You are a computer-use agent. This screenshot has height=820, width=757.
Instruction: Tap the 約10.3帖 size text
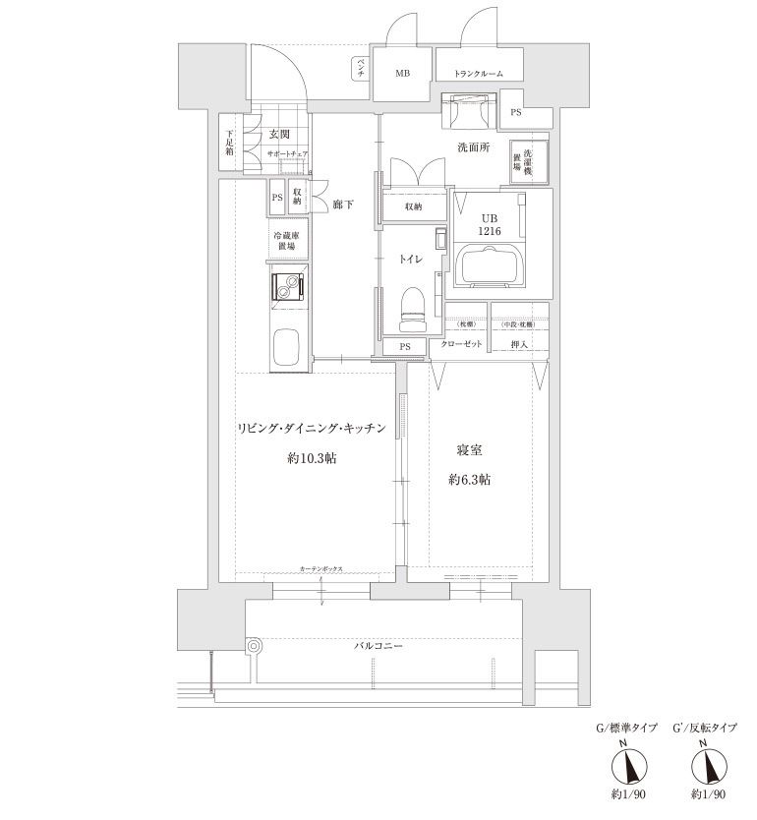pyautogui.click(x=312, y=458)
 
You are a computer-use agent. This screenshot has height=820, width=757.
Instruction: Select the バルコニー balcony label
pyautogui.click(x=379, y=647)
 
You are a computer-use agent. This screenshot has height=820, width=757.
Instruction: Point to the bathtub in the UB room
pyautogui.click(x=489, y=266)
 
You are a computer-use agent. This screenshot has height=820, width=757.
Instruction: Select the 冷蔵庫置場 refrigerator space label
pyautogui.click(x=287, y=242)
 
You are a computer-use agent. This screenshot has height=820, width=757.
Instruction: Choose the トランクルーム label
pyautogui.click(x=479, y=74)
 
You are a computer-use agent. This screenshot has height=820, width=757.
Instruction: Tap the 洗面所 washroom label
pyautogui.click(x=473, y=147)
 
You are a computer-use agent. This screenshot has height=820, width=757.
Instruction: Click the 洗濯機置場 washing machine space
pyautogui.click(x=521, y=160)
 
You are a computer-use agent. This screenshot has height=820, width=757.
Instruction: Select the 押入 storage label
pyautogui.click(x=518, y=345)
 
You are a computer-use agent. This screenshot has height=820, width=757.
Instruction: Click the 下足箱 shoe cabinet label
pyautogui.click(x=229, y=144)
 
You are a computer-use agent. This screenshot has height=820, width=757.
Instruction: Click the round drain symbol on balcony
pyautogui.click(x=255, y=646)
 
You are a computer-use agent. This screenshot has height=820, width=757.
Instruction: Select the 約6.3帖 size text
pyautogui.click(x=469, y=480)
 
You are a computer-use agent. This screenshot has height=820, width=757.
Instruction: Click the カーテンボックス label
pyautogui.click(x=321, y=570)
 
